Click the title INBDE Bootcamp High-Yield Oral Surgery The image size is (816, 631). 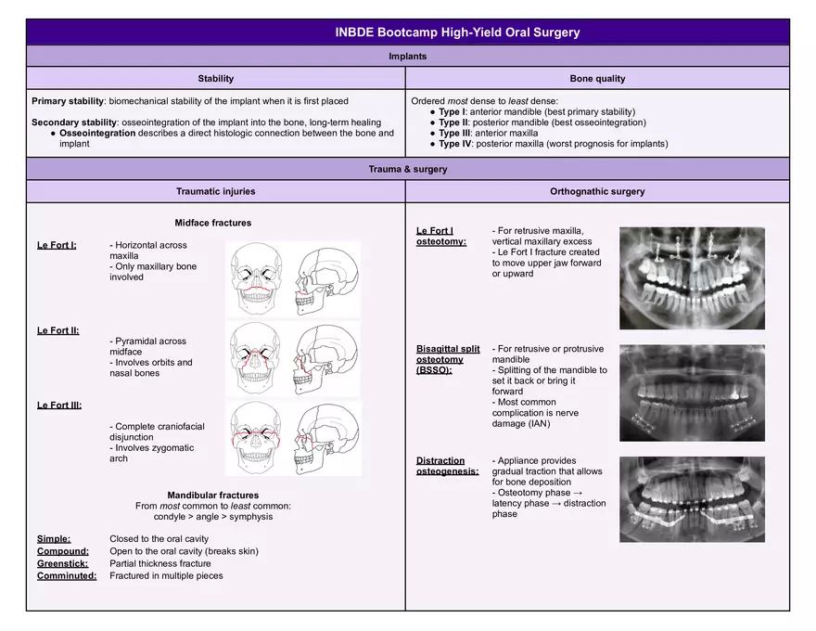(x=457, y=32)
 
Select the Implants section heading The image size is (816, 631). (x=408, y=57)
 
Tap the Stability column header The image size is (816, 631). (x=216, y=79)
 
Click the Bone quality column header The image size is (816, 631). (x=597, y=79)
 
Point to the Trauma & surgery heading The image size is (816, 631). (x=408, y=170)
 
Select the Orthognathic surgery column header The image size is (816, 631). (x=597, y=192)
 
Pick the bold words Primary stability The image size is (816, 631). (x=68, y=100)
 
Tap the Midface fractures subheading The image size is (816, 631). (x=213, y=223)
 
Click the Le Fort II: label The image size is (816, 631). (x=57, y=330)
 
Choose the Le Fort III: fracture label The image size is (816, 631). (x=58, y=406)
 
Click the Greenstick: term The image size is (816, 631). (x=63, y=563)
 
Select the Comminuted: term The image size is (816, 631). (x=67, y=575)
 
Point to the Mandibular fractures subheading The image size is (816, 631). (x=213, y=496)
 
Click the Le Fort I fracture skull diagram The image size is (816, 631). (x=292, y=278)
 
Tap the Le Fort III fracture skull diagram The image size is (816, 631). (x=292, y=438)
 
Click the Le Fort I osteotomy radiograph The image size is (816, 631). (x=692, y=278)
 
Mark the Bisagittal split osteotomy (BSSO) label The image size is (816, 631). (x=448, y=359)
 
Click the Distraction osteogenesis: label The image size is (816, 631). (x=448, y=466)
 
